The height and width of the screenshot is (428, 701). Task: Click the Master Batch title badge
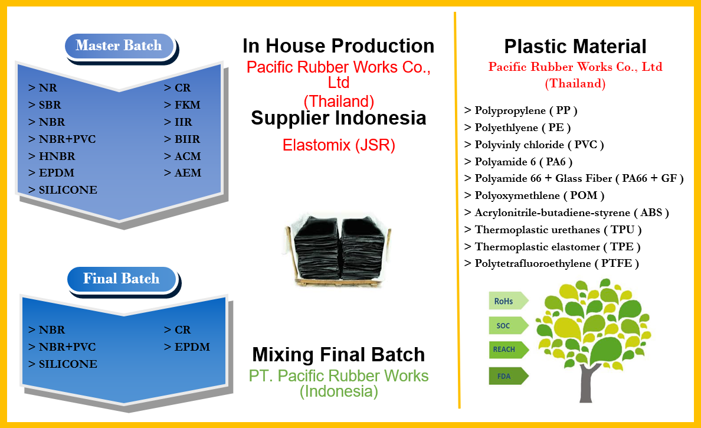[x=119, y=45]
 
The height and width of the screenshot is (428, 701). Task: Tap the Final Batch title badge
[x=122, y=279]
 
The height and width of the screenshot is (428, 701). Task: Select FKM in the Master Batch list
[x=182, y=104]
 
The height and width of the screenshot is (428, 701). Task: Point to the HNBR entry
[x=51, y=156]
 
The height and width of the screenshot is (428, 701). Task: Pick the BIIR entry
[x=182, y=139]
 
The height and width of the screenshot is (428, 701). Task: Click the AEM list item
[x=182, y=172]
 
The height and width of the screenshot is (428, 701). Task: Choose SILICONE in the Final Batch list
[x=63, y=364]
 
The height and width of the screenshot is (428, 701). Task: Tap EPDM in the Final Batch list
[x=187, y=347]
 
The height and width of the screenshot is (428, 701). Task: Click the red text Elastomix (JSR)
[x=339, y=145]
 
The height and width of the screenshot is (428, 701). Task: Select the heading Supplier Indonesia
[x=339, y=118]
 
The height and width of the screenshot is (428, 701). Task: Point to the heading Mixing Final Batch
[x=339, y=355]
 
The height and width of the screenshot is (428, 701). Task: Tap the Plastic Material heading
[x=575, y=47]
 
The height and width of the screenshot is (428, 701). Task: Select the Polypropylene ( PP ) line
[x=521, y=110]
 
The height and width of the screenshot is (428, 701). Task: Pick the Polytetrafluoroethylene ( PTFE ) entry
[x=552, y=263]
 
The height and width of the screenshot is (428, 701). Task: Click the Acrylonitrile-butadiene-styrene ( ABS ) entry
[x=566, y=213]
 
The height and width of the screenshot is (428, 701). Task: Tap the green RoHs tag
[x=508, y=301]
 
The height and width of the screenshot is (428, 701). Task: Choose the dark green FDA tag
[x=508, y=376]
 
